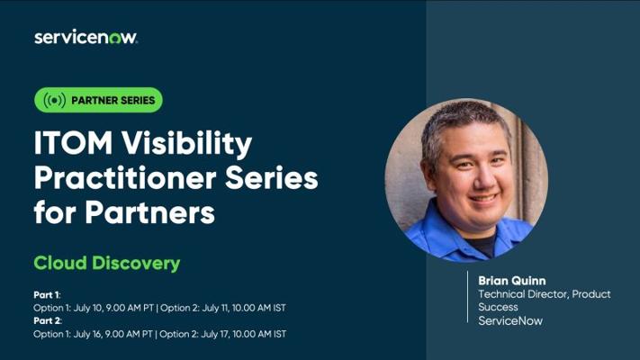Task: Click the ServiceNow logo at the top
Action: pyautogui.click(x=86, y=37)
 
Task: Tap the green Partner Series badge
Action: pyautogui.click(x=98, y=100)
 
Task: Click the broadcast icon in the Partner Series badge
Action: pyautogui.click(x=54, y=100)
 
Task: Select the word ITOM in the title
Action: pyautogui.click(x=73, y=143)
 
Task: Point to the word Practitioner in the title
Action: pyautogui.click(x=125, y=180)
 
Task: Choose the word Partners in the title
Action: pyautogui.click(x=149, y=213)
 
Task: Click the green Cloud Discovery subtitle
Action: pyautogui.click(x=107, y=264)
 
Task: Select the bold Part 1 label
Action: pyautogui.click(x=47, y=294)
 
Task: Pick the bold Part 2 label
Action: pyautogui.click(x=48, y=320)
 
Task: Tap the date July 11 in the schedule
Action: pyautogui.click(x=215, y=308)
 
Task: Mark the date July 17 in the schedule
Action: pyautogui.click(x=215, y=334)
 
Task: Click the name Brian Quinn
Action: pyautogui.click(x=512, y=281)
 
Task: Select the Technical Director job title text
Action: pyautogui.click(x=545, y=301)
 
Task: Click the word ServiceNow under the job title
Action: pyautogui.click(x=510, y=320)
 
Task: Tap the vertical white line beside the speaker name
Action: pyautogui.click(x=468, y=297)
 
